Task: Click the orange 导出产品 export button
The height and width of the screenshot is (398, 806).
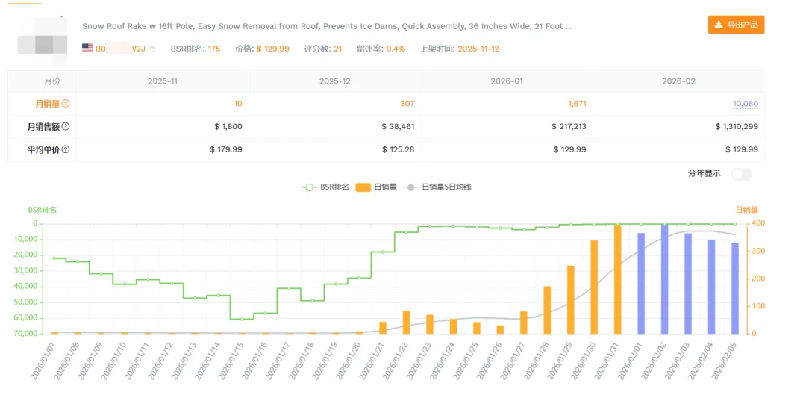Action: tap(736, 25)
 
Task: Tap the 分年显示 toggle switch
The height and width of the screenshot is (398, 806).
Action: tap(741, 174)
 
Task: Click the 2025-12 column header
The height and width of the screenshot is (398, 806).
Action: tap(334, 81)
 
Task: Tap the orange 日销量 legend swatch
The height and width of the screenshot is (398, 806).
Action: tap(363, 187)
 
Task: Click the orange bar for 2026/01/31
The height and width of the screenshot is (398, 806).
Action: tap(617, 279)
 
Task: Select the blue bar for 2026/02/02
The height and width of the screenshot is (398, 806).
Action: tap(664, 279)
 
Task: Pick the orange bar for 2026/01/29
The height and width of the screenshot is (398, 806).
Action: tap(570, 299)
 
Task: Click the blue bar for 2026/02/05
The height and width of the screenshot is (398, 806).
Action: tap(735, 287)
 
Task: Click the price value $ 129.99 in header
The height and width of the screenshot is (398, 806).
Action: tap(272, 49)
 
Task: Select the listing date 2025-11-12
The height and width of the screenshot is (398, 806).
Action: tap(478, 49)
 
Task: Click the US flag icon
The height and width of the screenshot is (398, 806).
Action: tap(87, 48)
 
